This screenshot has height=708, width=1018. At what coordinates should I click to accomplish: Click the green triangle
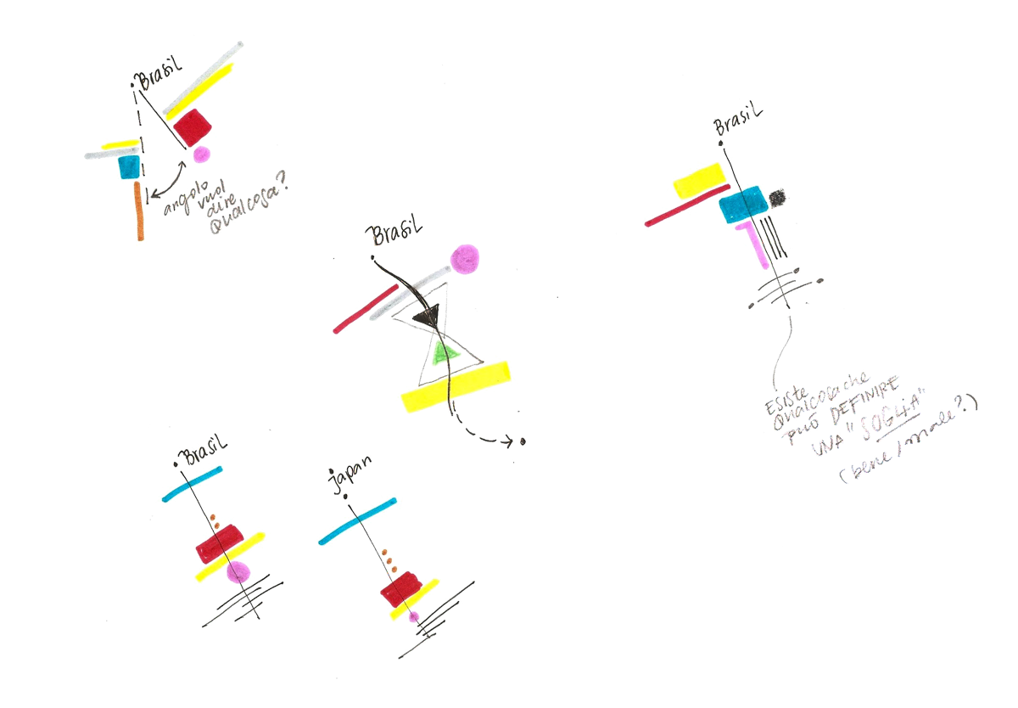tap(442, 353)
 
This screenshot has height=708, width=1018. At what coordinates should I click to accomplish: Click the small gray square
tap(778, 198)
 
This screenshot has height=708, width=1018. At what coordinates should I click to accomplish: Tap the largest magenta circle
tap(464, 258)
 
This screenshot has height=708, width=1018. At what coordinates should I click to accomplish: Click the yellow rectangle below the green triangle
tap(456, 388)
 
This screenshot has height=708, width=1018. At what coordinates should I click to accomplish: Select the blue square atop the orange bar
tap(129, 166)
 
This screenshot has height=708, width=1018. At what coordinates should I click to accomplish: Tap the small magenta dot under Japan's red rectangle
tap(414, 616)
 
